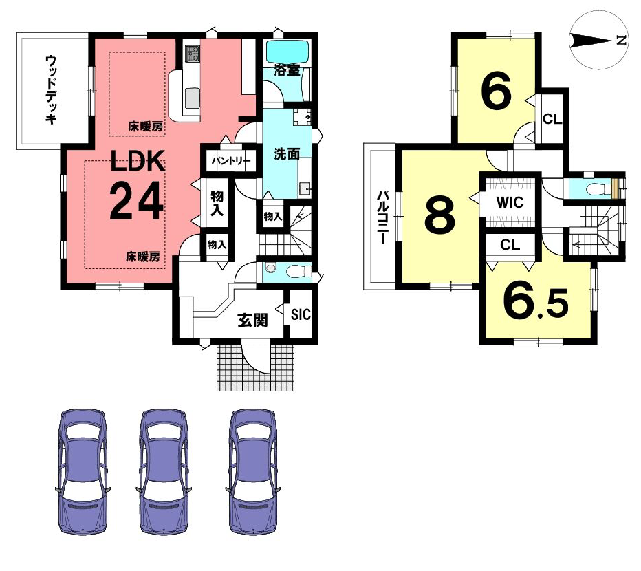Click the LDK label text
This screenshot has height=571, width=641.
click(138, 161)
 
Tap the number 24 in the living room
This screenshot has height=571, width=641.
click(137, 201)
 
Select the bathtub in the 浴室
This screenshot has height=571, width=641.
click(287, 52)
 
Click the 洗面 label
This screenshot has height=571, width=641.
click(287, 154)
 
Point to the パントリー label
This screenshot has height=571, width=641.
click(231, 161)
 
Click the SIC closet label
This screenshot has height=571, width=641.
click(301, 314)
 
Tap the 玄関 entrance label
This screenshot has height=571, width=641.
click(253, 321)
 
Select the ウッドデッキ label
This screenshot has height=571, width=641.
click(51, 89)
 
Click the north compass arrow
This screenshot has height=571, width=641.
click(592, 41)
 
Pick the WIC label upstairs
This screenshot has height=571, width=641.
click(510, 202)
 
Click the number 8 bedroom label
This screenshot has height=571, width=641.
click(440, 215)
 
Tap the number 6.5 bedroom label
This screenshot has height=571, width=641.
click(536, 303)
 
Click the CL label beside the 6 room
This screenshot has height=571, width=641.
click(552, 119)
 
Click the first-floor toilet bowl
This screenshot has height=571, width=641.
click(295, 271)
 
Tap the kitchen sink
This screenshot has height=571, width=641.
click(191, 98)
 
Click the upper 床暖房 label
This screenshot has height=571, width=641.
click(145, 127)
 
